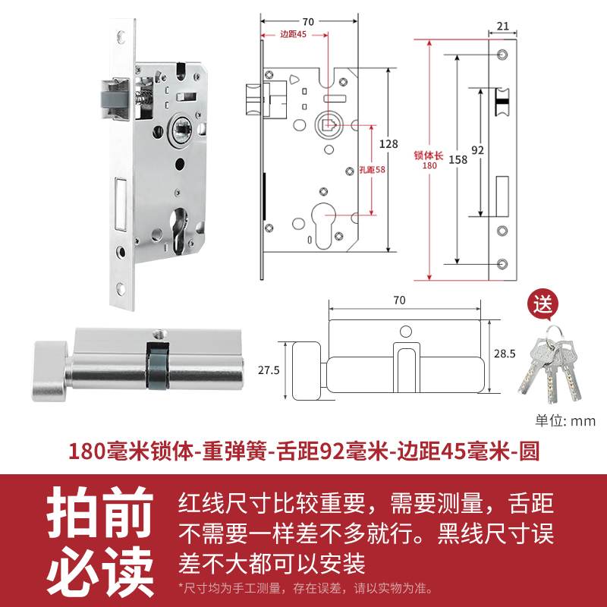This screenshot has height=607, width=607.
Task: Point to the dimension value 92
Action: tap(477, 149)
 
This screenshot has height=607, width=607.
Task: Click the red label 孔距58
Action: tap(372, 170)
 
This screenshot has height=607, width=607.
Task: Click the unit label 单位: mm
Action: tap(565, 421)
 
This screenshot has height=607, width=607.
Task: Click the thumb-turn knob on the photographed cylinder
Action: tap(47, 371)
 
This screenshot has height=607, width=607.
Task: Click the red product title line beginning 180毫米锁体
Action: tap(303, 452)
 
